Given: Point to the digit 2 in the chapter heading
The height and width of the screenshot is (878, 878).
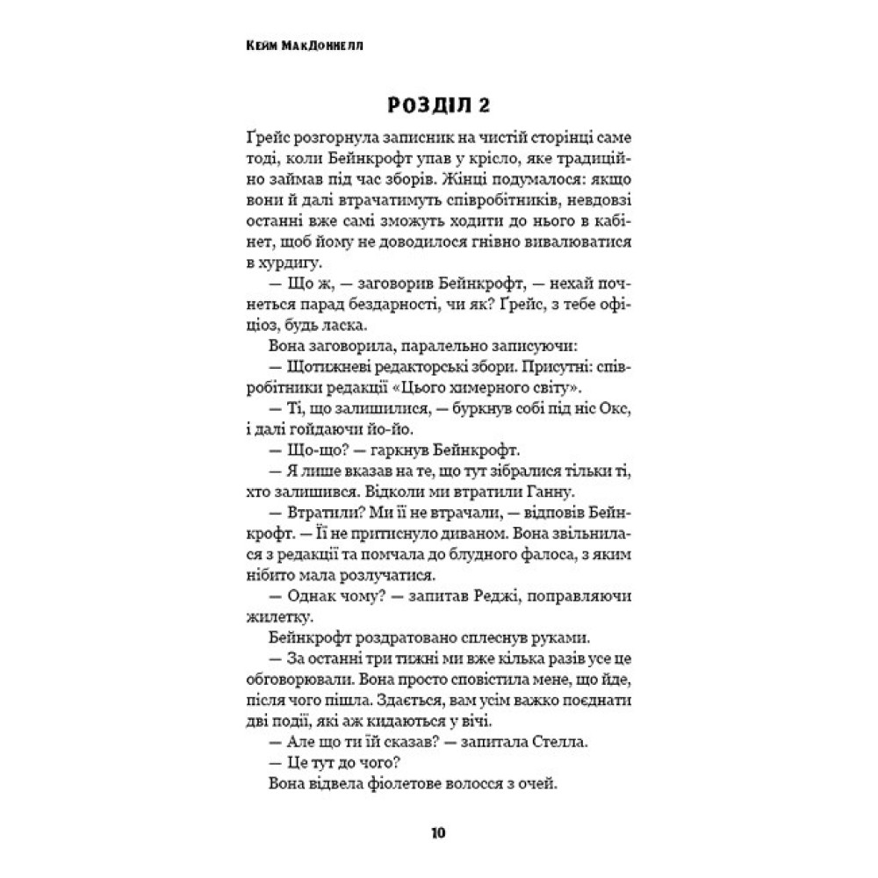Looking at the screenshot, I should [483, 106].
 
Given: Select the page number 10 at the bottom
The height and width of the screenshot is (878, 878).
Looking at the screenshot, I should [438, 832].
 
